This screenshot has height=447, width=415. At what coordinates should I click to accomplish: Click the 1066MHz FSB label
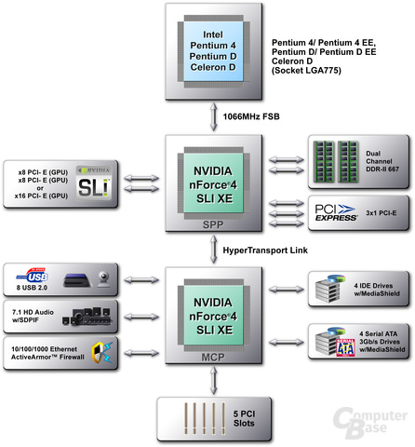point(251,116)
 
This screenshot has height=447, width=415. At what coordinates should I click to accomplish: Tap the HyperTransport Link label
point(265,251)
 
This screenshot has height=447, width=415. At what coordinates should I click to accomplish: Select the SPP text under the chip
point(213,224)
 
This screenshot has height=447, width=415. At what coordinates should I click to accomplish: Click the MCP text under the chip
point(213,357)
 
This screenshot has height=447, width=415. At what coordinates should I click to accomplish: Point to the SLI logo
point(94,183)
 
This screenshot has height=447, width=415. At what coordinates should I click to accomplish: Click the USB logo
point(33,276)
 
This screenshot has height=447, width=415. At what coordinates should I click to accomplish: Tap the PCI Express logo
point(336,212)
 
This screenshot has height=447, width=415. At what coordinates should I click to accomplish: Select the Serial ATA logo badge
point(345,347)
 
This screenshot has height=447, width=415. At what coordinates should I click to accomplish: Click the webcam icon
point(103,278)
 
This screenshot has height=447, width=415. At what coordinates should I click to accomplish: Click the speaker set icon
point(87,317)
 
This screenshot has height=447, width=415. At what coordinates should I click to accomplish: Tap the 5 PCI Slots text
point(244,418)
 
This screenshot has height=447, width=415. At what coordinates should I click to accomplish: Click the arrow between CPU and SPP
point(213,116)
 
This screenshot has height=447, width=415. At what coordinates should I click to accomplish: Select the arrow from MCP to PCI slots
point(213,381)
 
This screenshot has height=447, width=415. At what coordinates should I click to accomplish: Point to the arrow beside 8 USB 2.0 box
point(141,279)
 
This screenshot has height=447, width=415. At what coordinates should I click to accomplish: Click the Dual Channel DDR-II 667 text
point(382,161)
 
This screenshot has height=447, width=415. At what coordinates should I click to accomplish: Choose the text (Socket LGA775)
point(306,71)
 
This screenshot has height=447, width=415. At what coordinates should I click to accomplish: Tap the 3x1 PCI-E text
point(382,213)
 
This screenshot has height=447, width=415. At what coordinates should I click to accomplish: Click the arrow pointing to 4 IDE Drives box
point(287,290)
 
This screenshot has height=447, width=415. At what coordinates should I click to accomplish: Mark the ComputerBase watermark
point(370,423)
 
